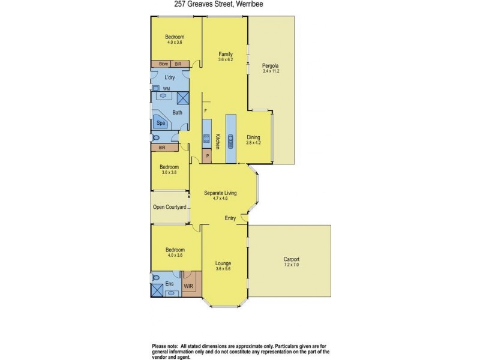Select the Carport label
point(292,259)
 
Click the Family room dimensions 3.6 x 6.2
point(225,59)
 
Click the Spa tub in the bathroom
point(161,123)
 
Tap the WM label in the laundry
point(166,89)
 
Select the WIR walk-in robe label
point(188,286)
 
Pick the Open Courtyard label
point(168,207)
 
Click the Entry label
point(230,218)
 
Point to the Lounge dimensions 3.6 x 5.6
point(223,269)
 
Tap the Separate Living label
point(221,193)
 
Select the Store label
point(163,64)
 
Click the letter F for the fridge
point(205,111)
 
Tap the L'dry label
point(169,78)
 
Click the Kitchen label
point(218,142)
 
